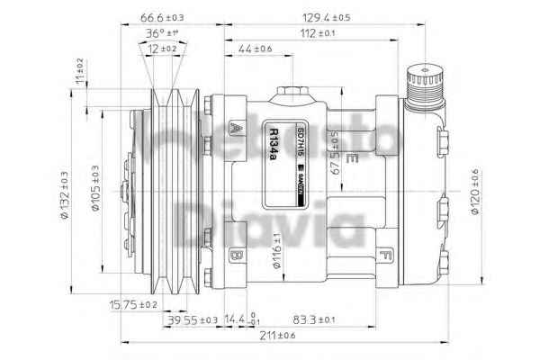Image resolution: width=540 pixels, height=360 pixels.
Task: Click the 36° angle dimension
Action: (162, 33)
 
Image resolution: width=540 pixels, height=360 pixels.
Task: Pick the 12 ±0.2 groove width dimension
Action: (162, 49)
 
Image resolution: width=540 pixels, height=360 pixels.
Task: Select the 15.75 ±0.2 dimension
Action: (133, 304)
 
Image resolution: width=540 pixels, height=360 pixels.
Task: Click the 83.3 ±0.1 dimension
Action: (314, 319)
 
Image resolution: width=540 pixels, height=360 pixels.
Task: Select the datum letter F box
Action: (384, 255)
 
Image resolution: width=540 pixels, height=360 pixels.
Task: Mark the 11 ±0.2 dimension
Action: (79, 70)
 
